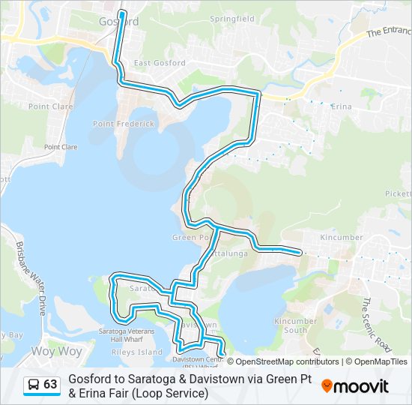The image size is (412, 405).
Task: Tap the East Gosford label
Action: pyautogui.click(x=159, y=63)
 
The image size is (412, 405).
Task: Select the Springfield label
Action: pyautogui.click(x=231, y=18)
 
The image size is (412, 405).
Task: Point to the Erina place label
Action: pyautogui.click(x=341, y=106)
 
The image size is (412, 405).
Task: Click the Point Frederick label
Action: pyautogui.click(x=124, y=124)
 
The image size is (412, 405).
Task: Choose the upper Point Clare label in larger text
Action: pyautogui.click(x=50, y=106)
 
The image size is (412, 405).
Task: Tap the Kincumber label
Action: pyautogui.click(x=341, y=238)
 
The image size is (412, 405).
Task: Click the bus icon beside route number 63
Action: pyautogui.click(x=34, y=385)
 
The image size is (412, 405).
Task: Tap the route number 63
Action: pyautogui.click(x=50, y=385)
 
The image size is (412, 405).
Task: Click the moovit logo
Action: pyautogui.click(x=355, y=386)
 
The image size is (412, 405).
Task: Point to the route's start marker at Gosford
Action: pyautogui.click(x=121, y=13)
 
